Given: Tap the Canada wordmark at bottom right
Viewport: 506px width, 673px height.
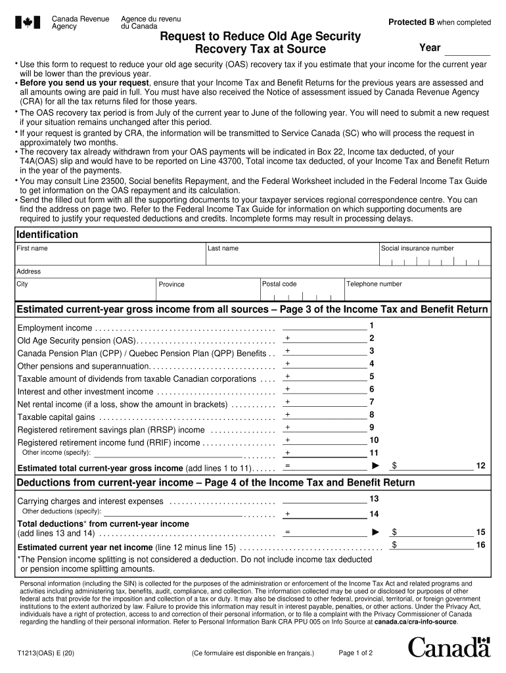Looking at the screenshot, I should pos(449,648).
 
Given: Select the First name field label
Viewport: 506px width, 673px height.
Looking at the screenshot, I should pos(32,248).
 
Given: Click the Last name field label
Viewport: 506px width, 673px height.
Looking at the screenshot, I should pos(223,248).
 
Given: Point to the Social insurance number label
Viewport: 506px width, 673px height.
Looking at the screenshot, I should pos(417,248).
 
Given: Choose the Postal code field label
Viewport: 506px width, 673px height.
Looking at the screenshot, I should pos(280,284).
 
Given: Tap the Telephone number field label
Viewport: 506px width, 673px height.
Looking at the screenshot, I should pos(374,284).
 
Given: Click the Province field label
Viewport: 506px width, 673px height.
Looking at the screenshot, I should pos(172,285).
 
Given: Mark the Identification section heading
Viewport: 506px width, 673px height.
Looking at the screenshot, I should pos(47,235).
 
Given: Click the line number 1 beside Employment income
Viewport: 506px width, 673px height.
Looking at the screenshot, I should pos(372,325).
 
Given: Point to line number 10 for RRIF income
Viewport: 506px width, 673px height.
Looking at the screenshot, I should pos(374,440).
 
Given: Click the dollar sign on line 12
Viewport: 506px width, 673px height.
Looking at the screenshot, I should pos(394,465).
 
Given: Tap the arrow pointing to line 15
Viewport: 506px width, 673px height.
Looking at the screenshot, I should pos(376,531).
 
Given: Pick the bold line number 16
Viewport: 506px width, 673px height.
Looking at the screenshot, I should pos(480,545).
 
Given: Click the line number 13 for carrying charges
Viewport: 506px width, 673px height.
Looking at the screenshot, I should pos(374,499).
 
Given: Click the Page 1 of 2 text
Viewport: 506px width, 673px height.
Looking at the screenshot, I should pos(356,653).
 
